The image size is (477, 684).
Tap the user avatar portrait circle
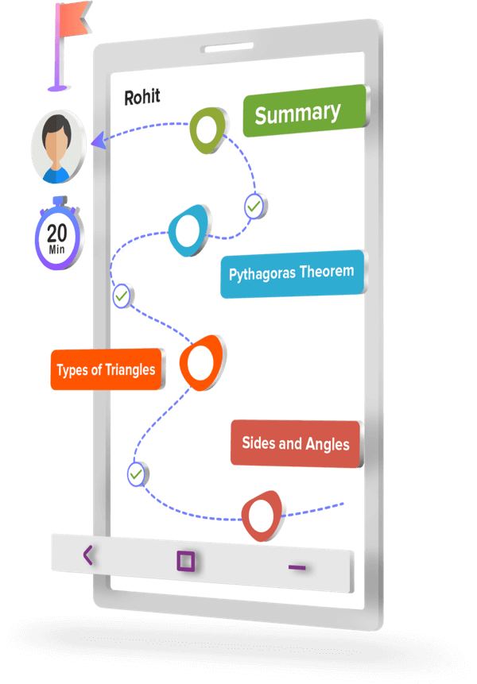coord(58,146)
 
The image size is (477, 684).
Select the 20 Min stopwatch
coord(58,236)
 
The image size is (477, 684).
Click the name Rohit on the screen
coord(141,97)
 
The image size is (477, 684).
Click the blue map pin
coord(189,230)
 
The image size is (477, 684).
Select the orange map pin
coord(201,362)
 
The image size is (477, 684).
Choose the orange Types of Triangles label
coord(107,370)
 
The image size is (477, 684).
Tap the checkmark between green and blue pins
coord(254,206)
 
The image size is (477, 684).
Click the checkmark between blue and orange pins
coord(122,296)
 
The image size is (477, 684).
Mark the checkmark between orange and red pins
coord(137,474)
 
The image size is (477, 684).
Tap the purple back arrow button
coord(87,555)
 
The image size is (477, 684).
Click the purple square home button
coord(186,562)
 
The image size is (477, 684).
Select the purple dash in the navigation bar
coord(297,567)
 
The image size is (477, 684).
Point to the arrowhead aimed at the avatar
coord(99,141)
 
